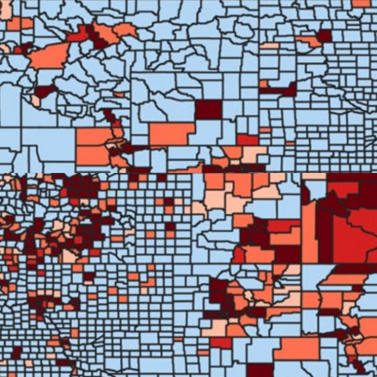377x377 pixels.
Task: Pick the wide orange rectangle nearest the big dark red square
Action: coord(172,134)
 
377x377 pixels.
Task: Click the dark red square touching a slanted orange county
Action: coord(324,36)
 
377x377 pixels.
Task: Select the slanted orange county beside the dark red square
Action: coord(310,41)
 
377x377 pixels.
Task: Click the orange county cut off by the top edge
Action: coord(360,3)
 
